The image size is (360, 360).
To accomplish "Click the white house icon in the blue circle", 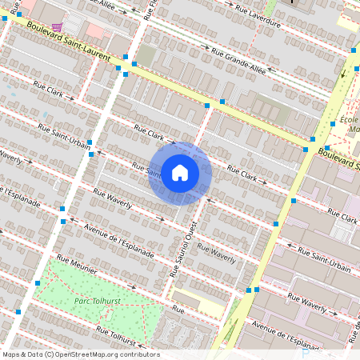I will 180,172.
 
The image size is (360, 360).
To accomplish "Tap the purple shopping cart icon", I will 57,27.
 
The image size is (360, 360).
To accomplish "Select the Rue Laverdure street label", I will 258,18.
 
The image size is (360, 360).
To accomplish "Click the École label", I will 349,119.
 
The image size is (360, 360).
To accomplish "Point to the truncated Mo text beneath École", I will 354,129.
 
